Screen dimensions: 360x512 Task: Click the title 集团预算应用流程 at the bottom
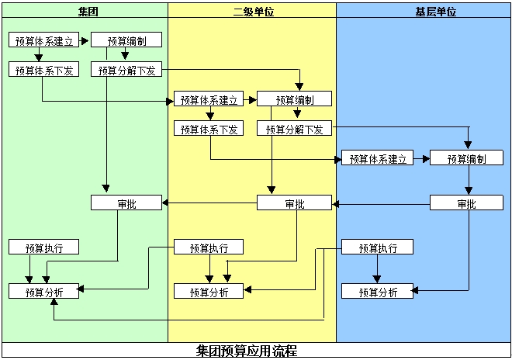pyautogui.click(x=247, y=351)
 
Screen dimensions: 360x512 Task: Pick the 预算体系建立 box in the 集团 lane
pyautogui.click(x=43, y=40)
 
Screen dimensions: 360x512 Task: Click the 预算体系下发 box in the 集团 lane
pyautogui.click(x=43, y=71)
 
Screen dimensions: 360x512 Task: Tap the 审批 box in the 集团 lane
pyautogui.click(x=126, y=203)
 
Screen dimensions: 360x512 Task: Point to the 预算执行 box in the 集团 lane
pyautogui.click(x=43, y=247)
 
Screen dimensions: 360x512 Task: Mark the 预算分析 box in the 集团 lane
pyautogui.click(x=43, y=292)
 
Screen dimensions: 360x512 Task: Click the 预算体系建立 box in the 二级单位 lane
pyautogui.click(x=209, y=99)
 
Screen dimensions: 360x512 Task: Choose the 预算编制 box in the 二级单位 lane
pyautogui.click(x=294, y=99)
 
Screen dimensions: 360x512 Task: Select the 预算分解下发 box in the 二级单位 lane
pyautogui.click(x=294, y=129)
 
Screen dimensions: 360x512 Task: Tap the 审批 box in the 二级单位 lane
pyautogui.click(x=294, y=203)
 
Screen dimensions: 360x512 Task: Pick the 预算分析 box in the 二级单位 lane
pyautogui.click(x=209, y=292)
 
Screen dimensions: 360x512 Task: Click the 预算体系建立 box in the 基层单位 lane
pyautogui.click(x=377, y=158)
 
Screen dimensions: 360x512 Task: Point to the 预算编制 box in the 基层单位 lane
pyautogui.click(x=467, y=158)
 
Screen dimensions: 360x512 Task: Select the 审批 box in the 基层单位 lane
pyautogui.click(x=466, y=203)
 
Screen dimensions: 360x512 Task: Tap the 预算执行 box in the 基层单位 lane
pyautogui.click(x=378, y=247)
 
